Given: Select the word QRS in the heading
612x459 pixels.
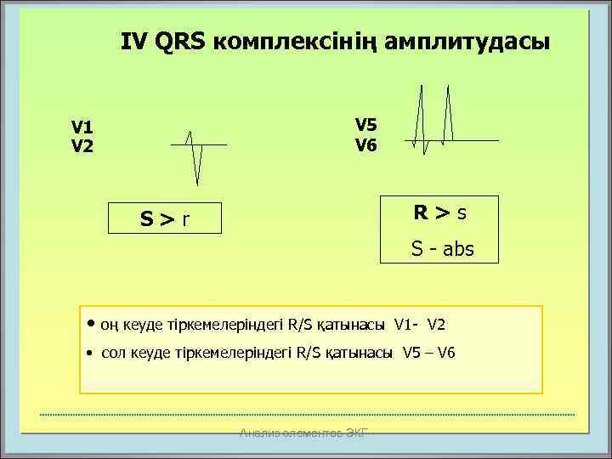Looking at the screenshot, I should (181, 41).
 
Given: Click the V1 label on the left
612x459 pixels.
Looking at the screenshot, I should (82, 127).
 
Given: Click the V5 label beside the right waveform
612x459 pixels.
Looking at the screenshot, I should (365, 125).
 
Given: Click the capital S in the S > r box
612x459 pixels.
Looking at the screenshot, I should (147, 221).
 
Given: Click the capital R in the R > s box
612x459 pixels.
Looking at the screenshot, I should (421, 212).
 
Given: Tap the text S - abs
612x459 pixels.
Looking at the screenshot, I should (442, 249).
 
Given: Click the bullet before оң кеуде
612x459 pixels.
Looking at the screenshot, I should (91, 324).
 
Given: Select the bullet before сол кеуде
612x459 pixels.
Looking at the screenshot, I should (91, 353).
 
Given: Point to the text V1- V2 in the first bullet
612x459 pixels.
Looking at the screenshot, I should (420, 324).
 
